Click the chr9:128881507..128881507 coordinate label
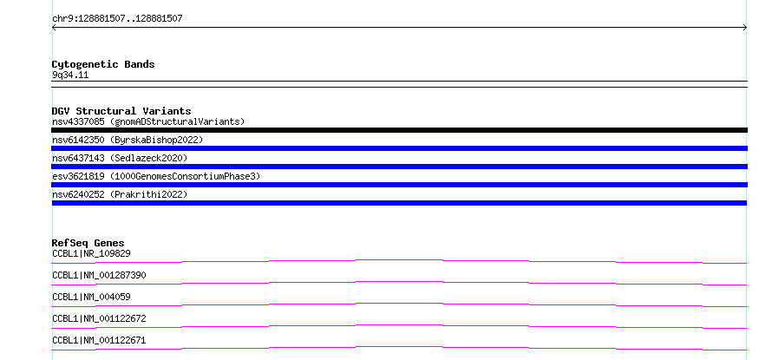point(117,19)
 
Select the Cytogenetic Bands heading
point(103,64)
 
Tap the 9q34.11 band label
point(70,75)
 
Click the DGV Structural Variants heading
point(121,111)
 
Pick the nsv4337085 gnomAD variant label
point(148,121)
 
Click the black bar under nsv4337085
point(399,130)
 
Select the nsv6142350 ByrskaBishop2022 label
point(128,140)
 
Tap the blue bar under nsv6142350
point(399,148)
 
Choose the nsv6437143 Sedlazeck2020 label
point(120,158)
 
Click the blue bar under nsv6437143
point(399,167)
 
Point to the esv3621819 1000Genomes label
point(156,176)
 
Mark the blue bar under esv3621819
point(399,185)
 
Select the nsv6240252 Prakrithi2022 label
point(120,194)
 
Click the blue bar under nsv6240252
point(399,203)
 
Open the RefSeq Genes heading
point(88,243)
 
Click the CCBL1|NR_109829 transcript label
point(92,253)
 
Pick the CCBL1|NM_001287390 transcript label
point(99,275)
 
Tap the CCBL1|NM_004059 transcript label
point(92,297)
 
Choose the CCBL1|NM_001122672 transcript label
point(99,318)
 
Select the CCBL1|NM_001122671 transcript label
point(99,340)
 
